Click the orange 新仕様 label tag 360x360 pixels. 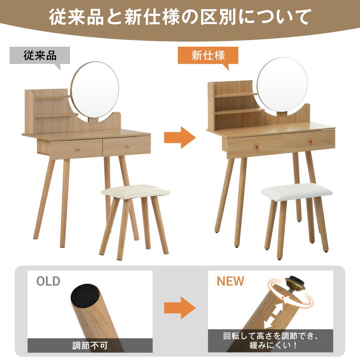208,55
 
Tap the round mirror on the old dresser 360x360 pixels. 95,90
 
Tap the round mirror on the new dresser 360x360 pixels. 282,87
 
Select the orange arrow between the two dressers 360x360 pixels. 179,137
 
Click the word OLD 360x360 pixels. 48,281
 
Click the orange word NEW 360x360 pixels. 230,281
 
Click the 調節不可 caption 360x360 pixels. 90,345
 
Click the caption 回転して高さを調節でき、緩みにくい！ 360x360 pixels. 270,341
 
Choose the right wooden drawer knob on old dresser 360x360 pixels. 127,147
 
